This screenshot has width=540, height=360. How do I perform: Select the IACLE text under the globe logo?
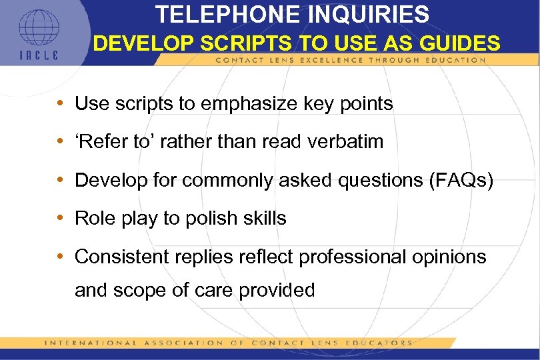(x=38, y=55)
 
